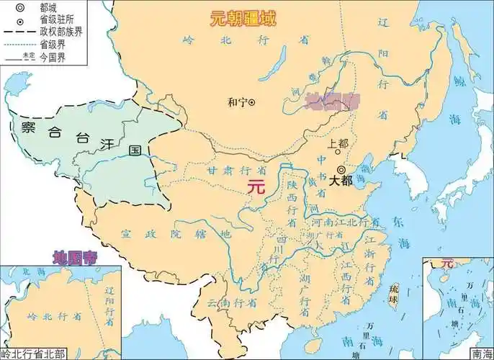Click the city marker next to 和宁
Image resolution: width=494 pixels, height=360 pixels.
click(252, 102)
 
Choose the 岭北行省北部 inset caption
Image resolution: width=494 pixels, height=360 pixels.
click(34, 354)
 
